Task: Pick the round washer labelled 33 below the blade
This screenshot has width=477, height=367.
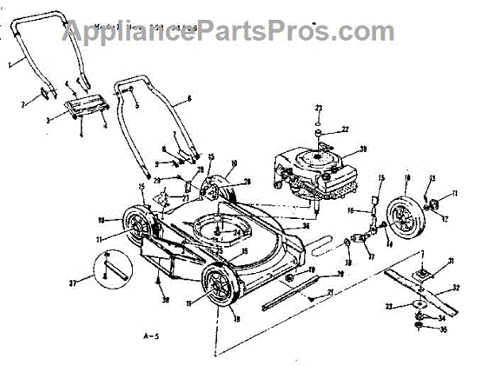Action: click(x=413, y=305)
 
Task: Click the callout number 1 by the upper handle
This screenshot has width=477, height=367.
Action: click(x=10, y=61)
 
